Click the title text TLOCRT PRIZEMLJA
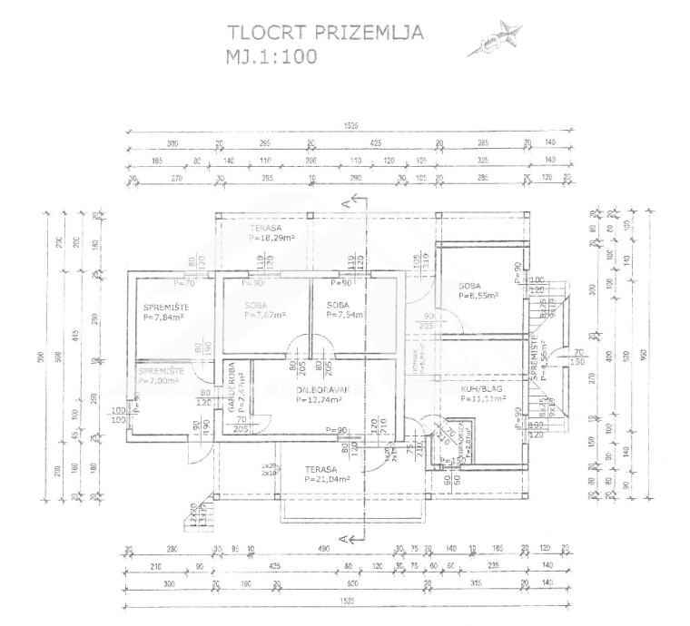pos(324,34)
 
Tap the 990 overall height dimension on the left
pos(42,356)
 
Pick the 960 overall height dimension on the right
pos(646,357)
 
